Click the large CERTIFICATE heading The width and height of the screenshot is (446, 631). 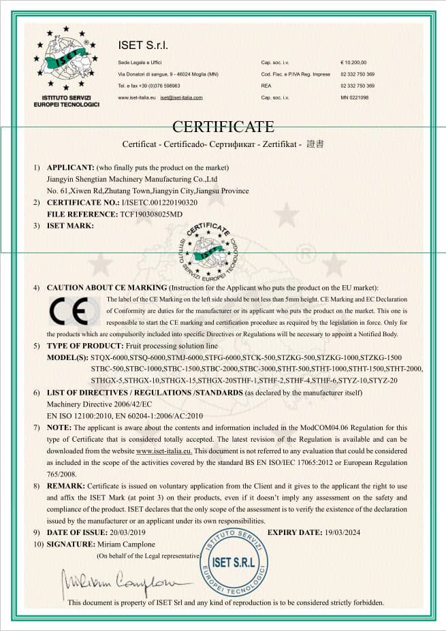(x=223, y=127)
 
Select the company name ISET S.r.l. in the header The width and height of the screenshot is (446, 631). (x=143, y=46)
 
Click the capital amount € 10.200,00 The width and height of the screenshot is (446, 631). (x=353, y=62)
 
